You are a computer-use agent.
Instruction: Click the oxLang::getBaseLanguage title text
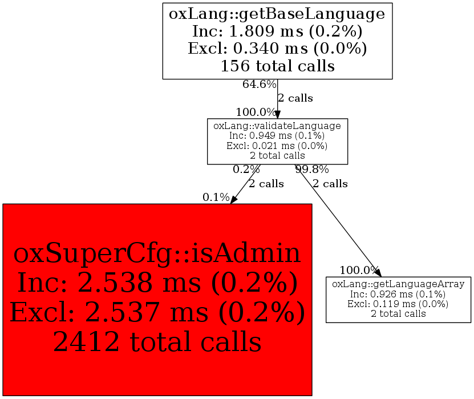(x=277, y=13)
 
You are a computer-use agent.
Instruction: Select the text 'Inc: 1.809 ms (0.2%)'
(x=277, y=30)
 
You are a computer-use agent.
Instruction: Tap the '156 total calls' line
(x=277, y=66)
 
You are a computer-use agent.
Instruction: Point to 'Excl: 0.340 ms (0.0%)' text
(x=277, y=48)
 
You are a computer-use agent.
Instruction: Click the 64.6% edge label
(x=259, y=84)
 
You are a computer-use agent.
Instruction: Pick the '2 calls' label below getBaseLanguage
(x=295, y=98)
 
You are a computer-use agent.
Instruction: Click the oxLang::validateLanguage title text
(x=277, y=126)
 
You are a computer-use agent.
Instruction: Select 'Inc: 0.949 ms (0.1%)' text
(x=277, y=136)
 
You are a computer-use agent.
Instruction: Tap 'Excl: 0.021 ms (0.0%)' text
(x=277, y=146)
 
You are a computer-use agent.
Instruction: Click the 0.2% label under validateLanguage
(x=246, y=170)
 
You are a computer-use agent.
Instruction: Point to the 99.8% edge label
(x=312, y=170)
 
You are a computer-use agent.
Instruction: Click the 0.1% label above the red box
(x=216, y=198)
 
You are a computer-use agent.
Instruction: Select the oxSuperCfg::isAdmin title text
(x=157, y=253)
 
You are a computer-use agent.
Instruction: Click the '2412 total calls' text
(x=157, y=341)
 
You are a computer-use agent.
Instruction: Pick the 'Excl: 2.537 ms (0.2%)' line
(x=157, y=312)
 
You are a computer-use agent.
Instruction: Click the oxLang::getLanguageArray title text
(x=398, y=284)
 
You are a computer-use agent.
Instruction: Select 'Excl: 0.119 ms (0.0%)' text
(x=398, y=304)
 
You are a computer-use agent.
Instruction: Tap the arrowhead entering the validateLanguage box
(x=277, y=115)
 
